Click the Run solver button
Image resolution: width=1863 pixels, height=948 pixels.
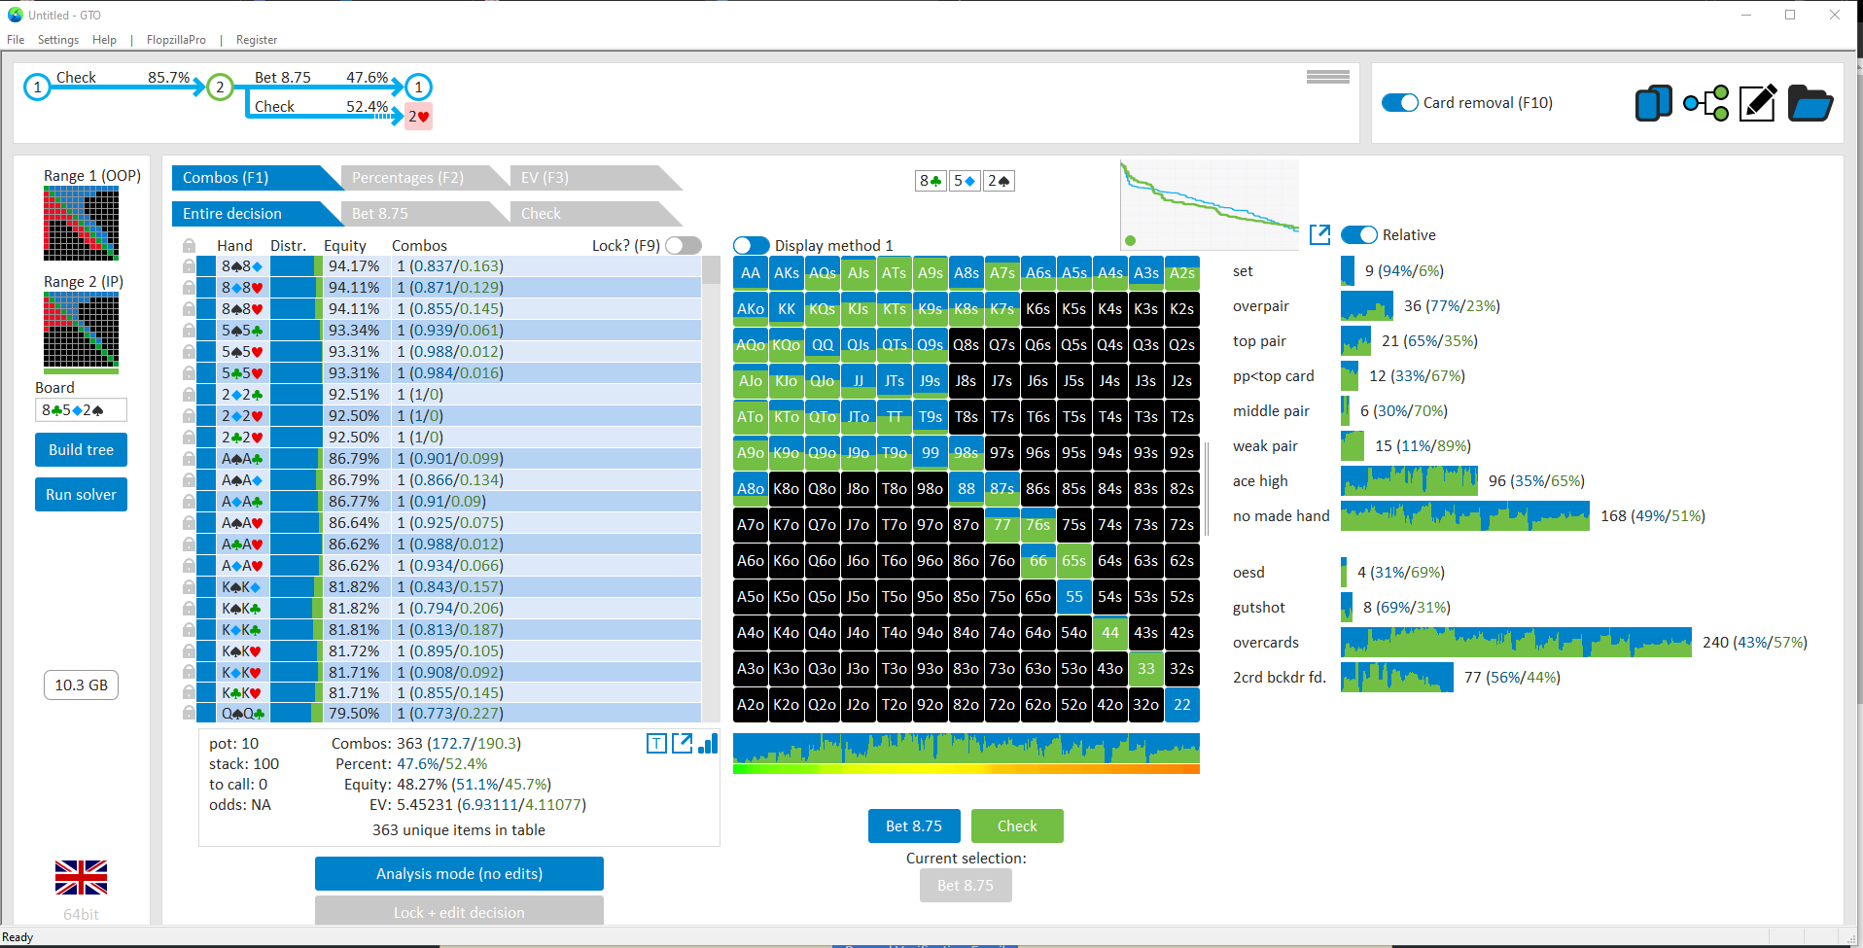point(81,494)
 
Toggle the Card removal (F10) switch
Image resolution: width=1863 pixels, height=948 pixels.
point(1400,103)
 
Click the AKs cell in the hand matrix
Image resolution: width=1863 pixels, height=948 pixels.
point(787,273)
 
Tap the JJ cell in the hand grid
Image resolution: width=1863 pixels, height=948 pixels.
point(859,381)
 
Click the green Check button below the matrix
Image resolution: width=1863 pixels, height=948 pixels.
point(1017,826)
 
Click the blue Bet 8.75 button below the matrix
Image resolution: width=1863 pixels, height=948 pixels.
point(914,826)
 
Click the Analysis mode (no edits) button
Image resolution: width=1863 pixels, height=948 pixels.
point(459,873)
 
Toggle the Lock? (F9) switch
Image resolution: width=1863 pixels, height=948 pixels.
point(684,246)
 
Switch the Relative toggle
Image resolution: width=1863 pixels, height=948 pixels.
point(1359,235)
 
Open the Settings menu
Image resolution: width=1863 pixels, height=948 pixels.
point(58,40)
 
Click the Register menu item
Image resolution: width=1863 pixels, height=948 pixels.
point(257,40)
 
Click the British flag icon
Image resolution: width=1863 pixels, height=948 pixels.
point(81,877)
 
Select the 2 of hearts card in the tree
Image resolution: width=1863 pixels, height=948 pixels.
point(419,117)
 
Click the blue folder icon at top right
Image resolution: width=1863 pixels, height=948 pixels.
point(1810,103)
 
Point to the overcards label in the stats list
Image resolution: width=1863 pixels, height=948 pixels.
point(1266,643)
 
